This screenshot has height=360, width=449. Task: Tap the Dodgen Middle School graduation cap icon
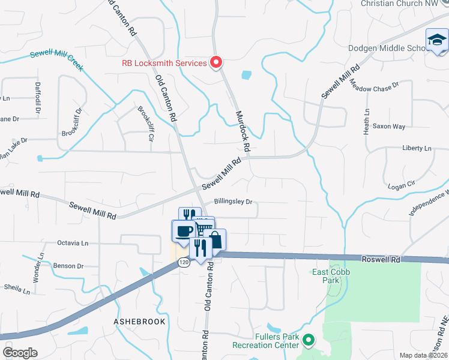437,41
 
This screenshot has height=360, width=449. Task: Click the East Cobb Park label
331,276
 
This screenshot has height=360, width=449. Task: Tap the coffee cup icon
184,230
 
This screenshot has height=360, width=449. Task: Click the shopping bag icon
215,240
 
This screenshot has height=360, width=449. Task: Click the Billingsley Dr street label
234,202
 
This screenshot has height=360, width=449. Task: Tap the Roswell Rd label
381,260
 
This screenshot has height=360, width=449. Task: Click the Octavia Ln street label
72,243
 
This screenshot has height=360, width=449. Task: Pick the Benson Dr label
68,266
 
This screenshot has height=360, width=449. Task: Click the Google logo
20,353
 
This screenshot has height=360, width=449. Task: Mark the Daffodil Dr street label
37,98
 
